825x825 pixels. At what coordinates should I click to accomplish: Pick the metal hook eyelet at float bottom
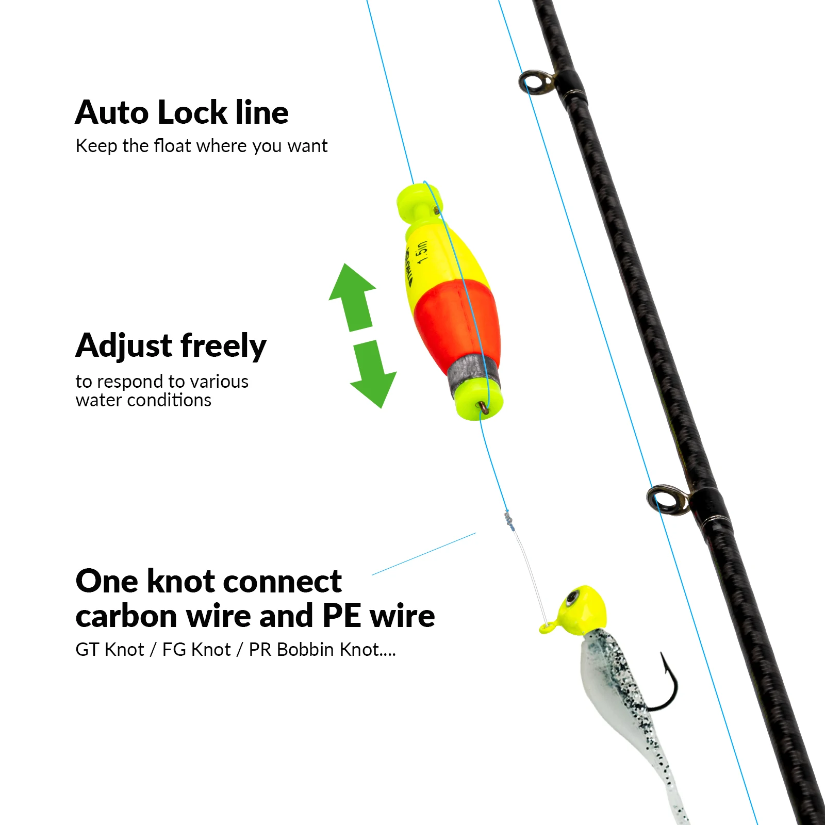484,407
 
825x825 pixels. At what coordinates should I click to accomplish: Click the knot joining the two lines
509,521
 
